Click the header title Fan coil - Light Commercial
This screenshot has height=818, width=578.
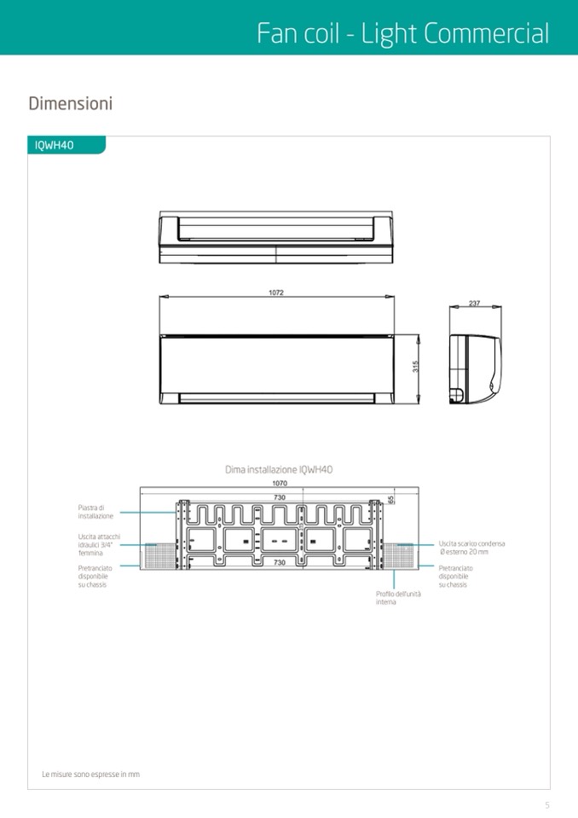[x=403, y=34]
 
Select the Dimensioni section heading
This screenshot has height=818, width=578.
[x=71, y=103]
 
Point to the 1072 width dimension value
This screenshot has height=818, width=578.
[x=276, y=293]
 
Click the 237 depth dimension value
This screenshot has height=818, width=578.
[x=474, y=303]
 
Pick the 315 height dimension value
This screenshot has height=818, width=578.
[x=415, y=366]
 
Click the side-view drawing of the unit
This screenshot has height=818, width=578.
[x=476, y=370]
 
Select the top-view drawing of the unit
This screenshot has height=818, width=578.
[x=276, y=237]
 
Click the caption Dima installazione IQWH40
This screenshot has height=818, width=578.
[x=279, y=469]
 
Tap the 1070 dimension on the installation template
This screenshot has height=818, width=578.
[x=280, y=483]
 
